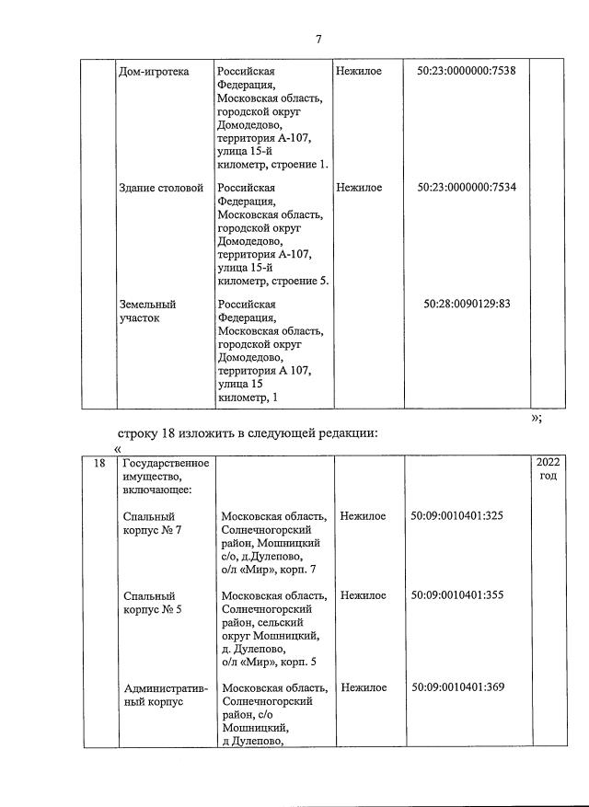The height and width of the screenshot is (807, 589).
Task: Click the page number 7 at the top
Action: coord(318,39)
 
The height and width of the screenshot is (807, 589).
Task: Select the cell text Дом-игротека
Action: coord(154,72)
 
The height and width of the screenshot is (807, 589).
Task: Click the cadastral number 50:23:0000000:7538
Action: coord(466,72)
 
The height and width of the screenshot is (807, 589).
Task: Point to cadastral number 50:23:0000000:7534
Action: coord(466,188)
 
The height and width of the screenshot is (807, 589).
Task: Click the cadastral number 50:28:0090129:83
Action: coord(467,304)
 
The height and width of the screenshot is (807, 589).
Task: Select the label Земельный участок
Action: coord(147,311)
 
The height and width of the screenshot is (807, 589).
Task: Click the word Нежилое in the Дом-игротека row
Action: coord(359,72)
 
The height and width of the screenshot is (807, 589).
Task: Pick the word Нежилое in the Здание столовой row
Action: coord(359,188)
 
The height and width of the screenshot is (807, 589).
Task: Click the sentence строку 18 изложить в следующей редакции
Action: coord(248,432)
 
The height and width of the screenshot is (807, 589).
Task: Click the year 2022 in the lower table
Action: coord(547,463)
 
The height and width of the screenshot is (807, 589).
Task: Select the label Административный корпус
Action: coord(165,695)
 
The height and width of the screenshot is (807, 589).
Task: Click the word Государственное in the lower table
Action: coord(166,463)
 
